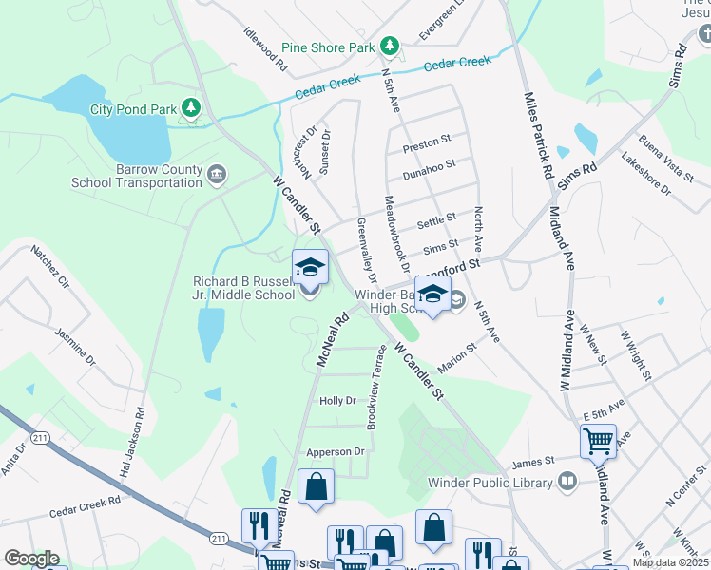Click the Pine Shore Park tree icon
tap(388, 47)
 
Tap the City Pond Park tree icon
tap(191, 108)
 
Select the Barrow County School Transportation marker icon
tap(217, 175)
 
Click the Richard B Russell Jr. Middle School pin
tap(310, 269)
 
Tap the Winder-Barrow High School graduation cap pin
tap(432, 294)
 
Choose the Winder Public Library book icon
tap(567, 482)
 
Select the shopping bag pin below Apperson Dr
tap(317, 487)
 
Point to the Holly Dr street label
tap(337, 402)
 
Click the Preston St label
tap(426, 143)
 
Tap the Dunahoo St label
tap(429, 168)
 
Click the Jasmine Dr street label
tap(75, 348)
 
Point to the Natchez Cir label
tap(50, 268)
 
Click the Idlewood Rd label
tap(265, 51)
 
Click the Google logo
tap(31, 559)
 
